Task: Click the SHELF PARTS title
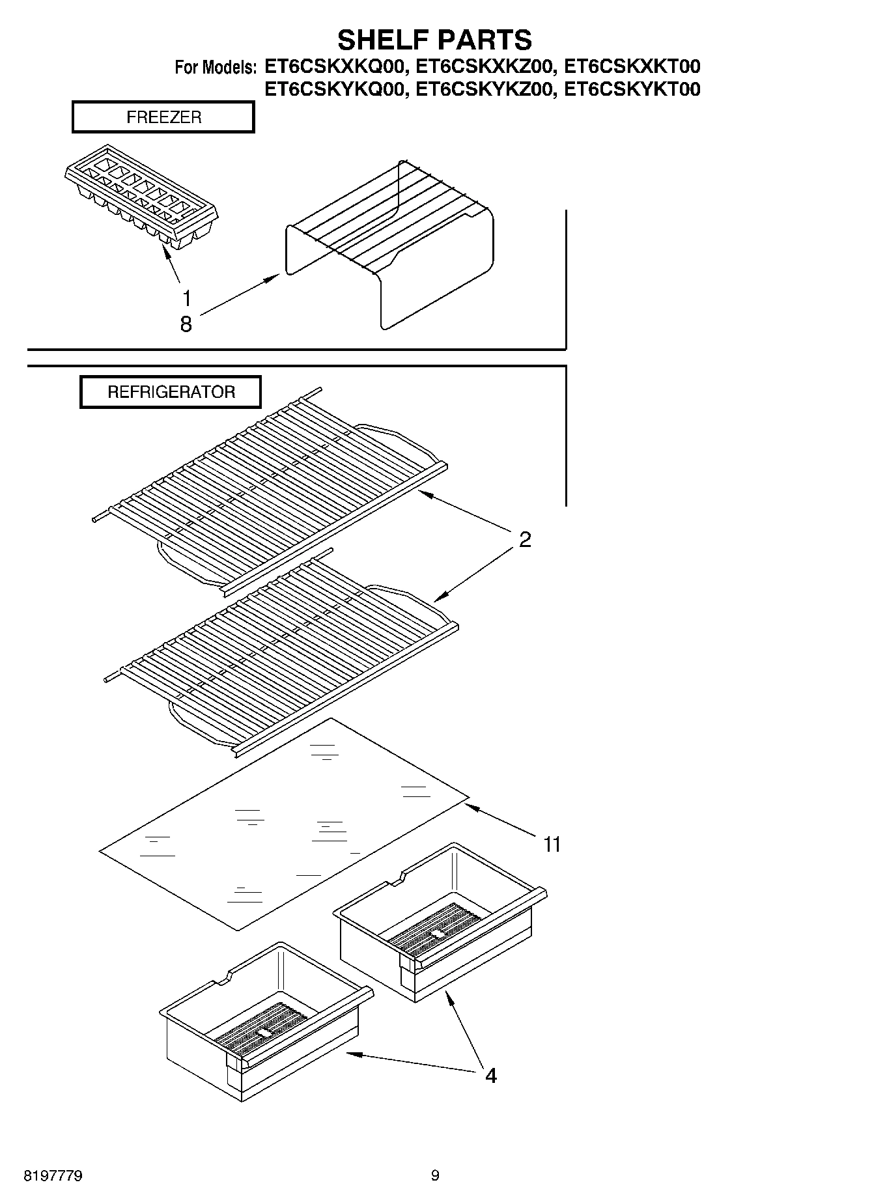click(434, 40)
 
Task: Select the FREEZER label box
click(163, 118)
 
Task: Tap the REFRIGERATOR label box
click(171, 392)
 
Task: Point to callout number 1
click(187, 299)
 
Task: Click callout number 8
click(186, 324)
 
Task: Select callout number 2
click(525, 539)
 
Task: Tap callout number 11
click(552, 845)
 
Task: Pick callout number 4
click(490, 1076)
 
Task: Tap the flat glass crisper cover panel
click(283, 824)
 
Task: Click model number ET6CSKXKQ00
click(336, 67)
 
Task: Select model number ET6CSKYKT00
click(632, 89)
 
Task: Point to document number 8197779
click(53, 1176)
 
